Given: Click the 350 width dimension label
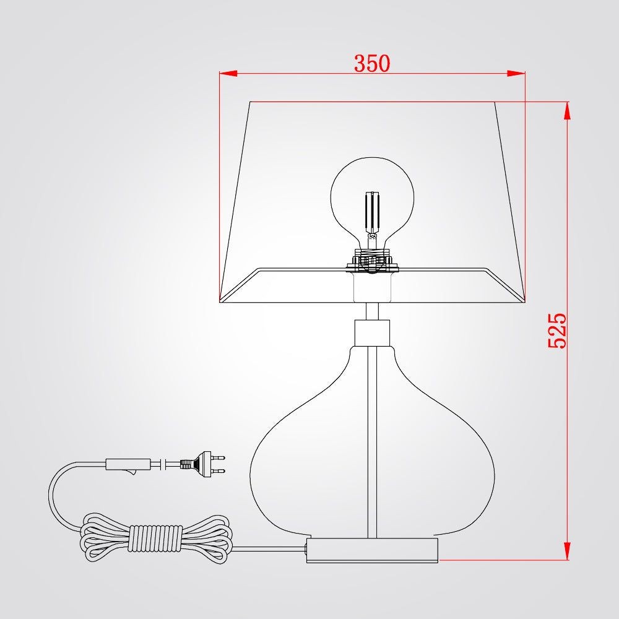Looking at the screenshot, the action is (372, 63).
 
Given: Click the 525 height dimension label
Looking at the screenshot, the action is (557, 331).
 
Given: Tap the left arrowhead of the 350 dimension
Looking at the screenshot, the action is (228, 74).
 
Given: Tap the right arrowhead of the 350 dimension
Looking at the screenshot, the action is (516, 74).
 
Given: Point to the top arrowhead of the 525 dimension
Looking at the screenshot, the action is (567, 111).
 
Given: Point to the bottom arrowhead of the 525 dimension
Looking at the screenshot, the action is (567, 551).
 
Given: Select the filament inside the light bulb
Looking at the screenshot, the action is (372, 213).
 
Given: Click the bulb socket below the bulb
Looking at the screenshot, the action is (372, 261).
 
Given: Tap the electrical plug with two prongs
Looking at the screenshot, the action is (202, 464).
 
